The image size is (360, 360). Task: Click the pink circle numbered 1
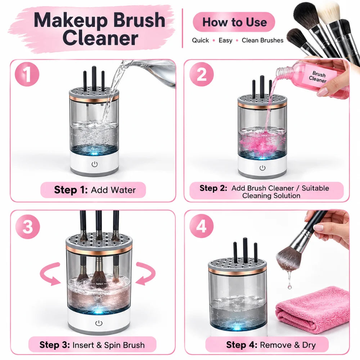[x=27, y=74]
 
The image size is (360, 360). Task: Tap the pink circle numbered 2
[x=201, y=74]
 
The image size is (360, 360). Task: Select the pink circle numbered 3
[x=28, y=226]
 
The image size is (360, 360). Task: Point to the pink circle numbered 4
[x=201, y=226]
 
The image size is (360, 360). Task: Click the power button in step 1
[x=95, y=164]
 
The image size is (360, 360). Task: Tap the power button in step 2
[x=262, y=168]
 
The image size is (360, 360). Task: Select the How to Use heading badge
[x=234, y=22]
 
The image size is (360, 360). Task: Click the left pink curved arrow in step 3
[x=51, y=274]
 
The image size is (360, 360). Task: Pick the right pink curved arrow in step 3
[x=145, y=274]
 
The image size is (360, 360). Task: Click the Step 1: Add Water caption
[x=93, y=190]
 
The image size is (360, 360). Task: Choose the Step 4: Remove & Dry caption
[x=267, y=345]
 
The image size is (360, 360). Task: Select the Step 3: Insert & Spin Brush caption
[x=92, y=345]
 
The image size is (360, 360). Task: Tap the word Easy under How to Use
[x=225, y=40]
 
